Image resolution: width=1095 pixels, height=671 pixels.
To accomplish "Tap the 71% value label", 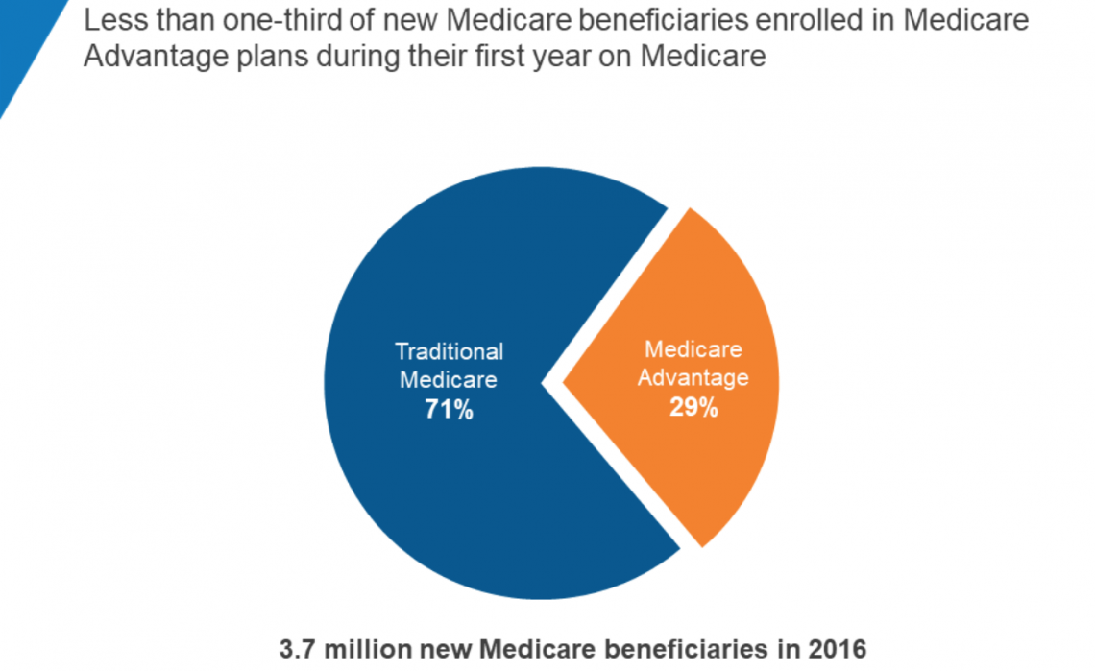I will (x=449, y=410).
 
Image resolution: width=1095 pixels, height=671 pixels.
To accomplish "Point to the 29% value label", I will (x=693, y=407).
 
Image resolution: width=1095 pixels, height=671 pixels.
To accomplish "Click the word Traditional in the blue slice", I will (x=449, y=351).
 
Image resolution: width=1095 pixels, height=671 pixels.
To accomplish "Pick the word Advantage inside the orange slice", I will (x=693, y=377).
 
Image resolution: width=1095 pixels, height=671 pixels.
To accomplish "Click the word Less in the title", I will (x=114, y=20).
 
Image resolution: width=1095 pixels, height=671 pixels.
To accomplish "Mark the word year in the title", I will (x=543, y=56).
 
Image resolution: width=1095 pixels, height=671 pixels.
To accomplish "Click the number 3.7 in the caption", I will (x=294, y=650).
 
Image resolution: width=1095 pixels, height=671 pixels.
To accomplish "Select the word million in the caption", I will (x=355, y=650).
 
